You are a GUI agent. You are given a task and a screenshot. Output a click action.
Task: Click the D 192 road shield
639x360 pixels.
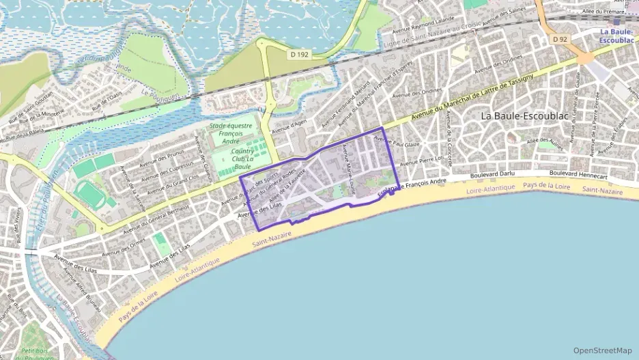[x=298, y=53]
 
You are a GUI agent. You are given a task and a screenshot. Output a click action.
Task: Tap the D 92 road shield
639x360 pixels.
[x=560, y=39]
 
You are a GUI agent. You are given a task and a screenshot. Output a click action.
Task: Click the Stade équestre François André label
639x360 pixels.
[x=231, y=132]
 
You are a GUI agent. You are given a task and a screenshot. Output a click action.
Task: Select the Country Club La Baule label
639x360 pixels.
[x=242, y=158]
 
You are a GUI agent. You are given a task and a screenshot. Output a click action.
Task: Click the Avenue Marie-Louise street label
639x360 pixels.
[x=348, y=174]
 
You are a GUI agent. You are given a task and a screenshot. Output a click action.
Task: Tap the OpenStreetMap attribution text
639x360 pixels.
[x=602, y=350]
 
